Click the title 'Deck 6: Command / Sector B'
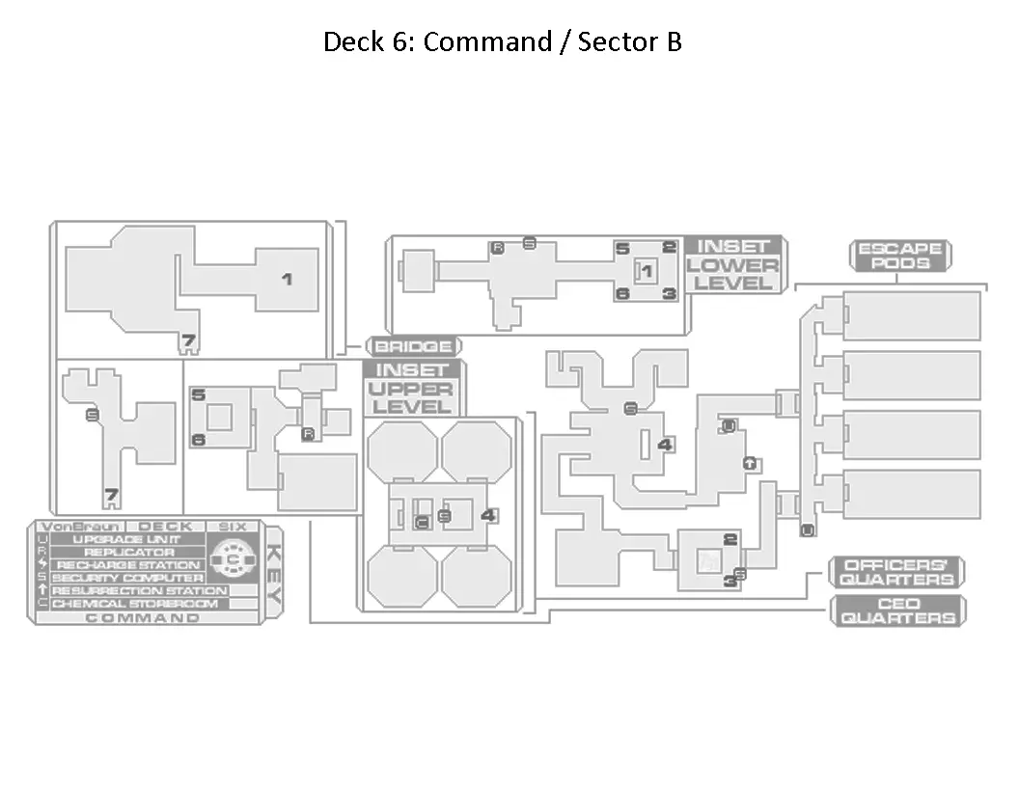(502, 42)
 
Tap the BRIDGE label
(413, 346)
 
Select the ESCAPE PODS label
(899, 256)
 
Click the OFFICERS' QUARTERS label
(898, 572)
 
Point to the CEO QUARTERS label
(898, 611)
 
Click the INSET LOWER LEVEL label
(733, 264)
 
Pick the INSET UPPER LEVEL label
(412, 388)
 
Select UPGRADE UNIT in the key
(126, 540)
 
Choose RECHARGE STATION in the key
(128, 565)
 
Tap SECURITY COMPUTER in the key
(128, 578)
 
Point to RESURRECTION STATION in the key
(139, 590)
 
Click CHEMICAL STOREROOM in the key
(135, 604)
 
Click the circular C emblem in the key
(232, 558)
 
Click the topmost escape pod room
(912, 315)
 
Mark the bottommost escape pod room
(912, 494)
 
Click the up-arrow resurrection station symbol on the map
(749, 463)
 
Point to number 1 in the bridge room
(287, 279)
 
